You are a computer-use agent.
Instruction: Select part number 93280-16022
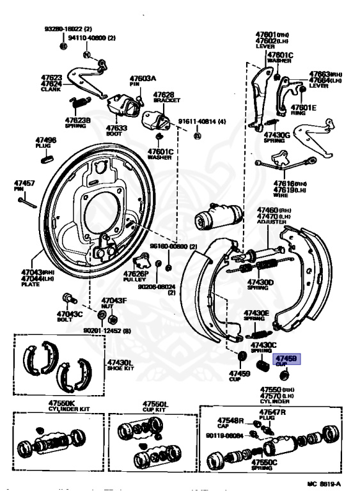68,29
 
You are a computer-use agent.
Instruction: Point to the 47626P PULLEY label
136,277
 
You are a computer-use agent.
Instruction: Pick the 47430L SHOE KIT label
120,365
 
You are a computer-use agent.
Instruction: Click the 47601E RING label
303,110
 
